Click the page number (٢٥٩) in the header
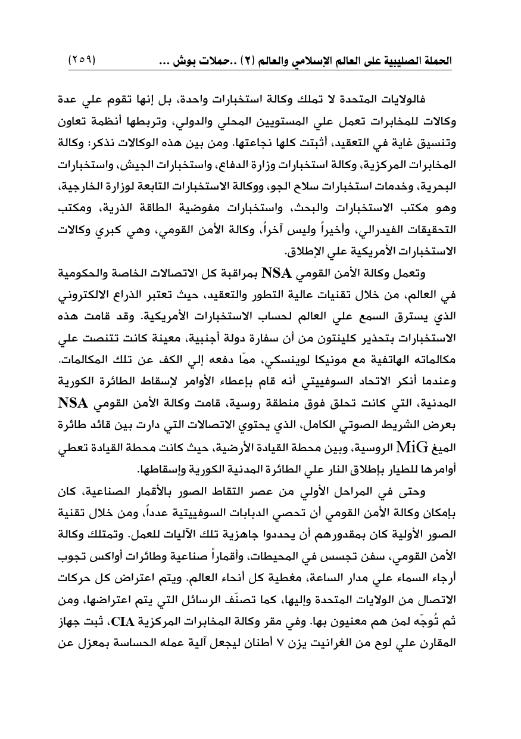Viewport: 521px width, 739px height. point(86,61)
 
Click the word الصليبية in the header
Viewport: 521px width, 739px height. point(394,61)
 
